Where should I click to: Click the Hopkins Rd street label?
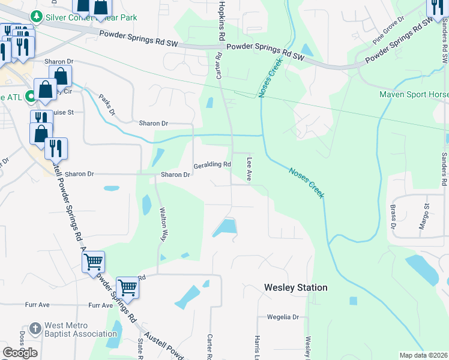(221, 20)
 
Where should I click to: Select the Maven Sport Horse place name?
(414, 94)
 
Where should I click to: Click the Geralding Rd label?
(212, 164)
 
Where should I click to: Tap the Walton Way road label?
(163, 224)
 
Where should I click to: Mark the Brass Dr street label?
(393, 217)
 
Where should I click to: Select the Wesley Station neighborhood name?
(296, 287)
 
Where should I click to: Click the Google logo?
(20, 353)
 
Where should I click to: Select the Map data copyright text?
(423, 355)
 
